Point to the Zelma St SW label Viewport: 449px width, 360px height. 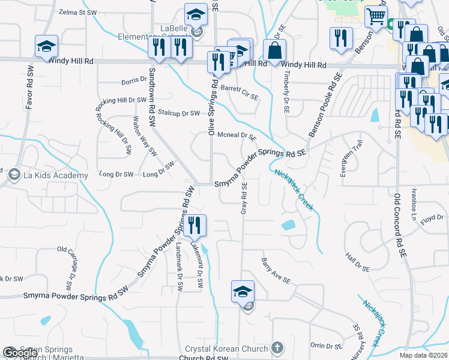click(x=78, y=12)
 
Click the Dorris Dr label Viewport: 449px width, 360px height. click(x=134, y=79)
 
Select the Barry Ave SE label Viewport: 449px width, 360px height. click(x=276, y=271)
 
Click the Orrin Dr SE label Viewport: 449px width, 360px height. click(x=326, y=346)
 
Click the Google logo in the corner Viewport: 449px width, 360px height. click(x=20, y=353)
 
